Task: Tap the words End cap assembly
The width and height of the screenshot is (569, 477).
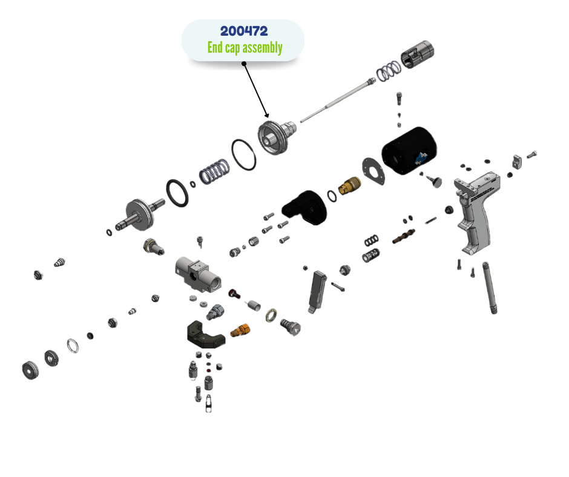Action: click(245, 47)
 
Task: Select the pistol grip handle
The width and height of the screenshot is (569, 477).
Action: click(478, 212)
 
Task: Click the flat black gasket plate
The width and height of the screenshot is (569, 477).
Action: click(373, 170)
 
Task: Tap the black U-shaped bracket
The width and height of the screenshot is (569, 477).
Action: click(204, 334)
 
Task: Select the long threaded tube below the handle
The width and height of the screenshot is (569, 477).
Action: click(490, 288)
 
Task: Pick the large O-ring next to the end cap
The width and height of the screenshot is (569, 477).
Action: click(244, 154)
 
